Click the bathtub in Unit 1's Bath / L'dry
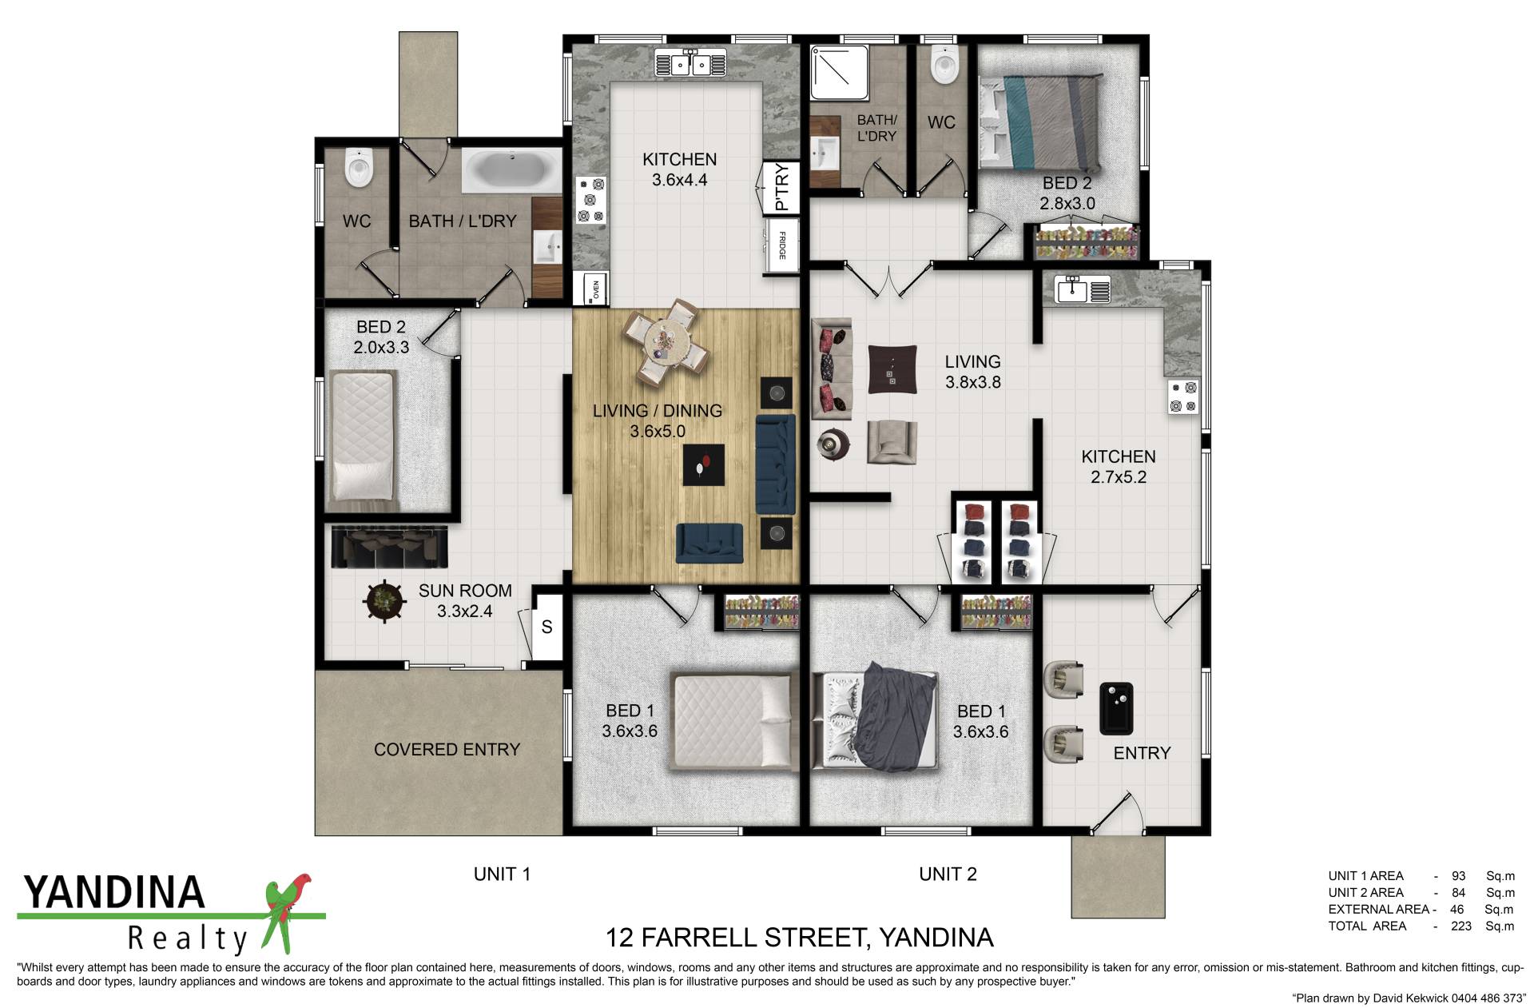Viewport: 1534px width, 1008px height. [x=511, y=171]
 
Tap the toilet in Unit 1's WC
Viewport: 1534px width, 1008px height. [x=359, y=168]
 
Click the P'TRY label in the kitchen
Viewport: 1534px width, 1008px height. [x=781, y=187]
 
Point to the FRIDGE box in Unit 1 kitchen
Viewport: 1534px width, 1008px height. [x=781, y=245]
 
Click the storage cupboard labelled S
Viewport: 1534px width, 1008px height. [x=547, y=627]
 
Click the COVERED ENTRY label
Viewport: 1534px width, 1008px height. [x=447, y=750]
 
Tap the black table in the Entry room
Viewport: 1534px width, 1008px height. [x=1116, y=708]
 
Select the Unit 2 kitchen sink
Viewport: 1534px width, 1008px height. [x=1083, y=289]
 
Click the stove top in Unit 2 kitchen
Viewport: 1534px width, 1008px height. [x=1183, y=396]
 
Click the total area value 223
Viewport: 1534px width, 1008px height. [x=1461, y=926]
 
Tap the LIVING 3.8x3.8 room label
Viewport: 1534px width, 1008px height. [x=972, y=372]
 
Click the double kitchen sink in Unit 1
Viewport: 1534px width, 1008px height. [x=690, y=62]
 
